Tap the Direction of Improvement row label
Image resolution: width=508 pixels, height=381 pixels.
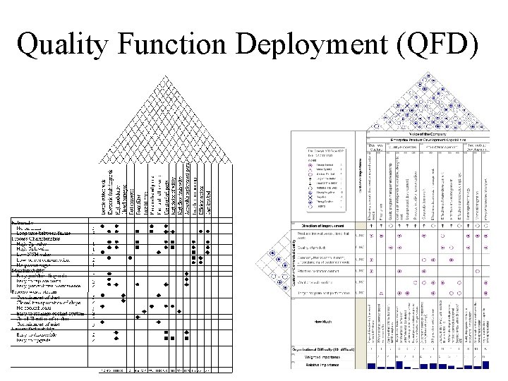click(x=324, y=225)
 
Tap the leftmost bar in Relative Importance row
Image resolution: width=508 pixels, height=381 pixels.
click(x=371, y=365)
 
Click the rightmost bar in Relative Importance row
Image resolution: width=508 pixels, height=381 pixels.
click(x=485, y=364)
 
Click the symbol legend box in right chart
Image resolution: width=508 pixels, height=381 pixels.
click(x=331, y=177)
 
